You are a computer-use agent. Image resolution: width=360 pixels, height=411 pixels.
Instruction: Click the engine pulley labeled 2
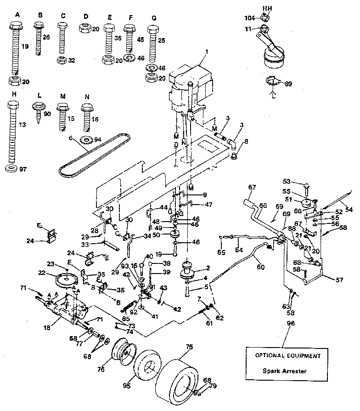click(x=188, y=269)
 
